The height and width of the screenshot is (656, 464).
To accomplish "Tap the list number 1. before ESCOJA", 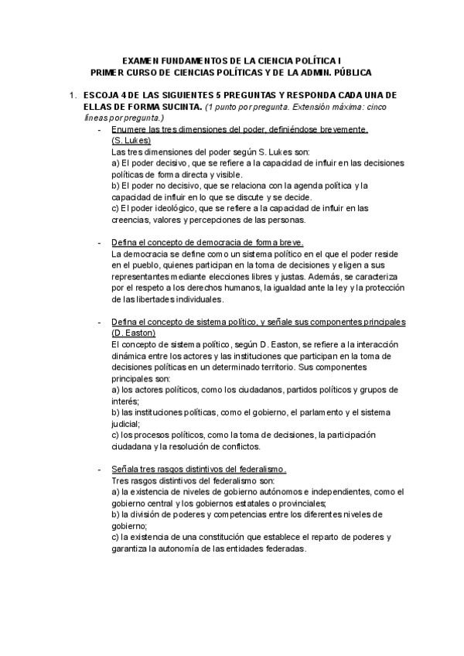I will [x=72, y=95].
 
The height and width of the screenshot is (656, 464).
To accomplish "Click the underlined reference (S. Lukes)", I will [x=131, y=141].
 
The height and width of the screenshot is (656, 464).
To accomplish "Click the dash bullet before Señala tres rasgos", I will [x=99, y=470].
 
